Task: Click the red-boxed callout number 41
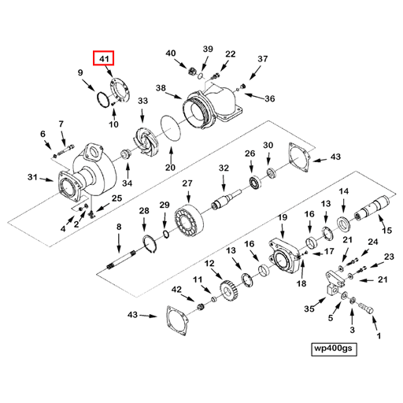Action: tap(103, 57)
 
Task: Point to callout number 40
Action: tap(171, 54)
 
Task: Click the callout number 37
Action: tap(263, 58)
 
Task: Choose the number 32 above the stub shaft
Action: tap(224, 168)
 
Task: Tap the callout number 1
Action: tap(376, 335)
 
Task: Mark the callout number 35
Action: tap(309, 309)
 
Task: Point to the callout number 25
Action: tap(116, 198)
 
